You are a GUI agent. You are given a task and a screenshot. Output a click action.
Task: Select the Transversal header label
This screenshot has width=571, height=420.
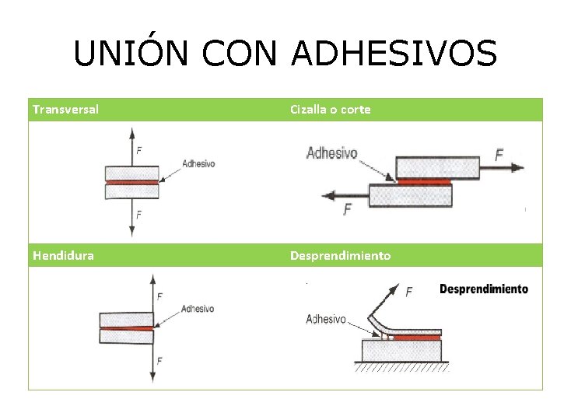(65, 110)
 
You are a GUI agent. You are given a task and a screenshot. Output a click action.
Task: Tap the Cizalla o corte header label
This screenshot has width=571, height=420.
(330, 110)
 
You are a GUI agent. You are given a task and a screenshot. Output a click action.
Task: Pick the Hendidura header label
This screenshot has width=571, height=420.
(63, 255)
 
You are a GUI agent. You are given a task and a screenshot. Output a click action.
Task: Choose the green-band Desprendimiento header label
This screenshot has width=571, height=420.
(341, 255)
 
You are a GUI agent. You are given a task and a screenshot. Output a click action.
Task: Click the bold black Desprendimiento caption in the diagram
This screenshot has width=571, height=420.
(483, 289)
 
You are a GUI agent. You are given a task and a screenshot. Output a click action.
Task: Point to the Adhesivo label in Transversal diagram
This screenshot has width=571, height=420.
(198, 164)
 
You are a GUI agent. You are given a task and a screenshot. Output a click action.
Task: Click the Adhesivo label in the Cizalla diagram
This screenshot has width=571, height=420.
(331, 153)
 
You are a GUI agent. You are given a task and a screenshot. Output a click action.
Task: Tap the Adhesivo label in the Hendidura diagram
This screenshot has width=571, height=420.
(197, 309)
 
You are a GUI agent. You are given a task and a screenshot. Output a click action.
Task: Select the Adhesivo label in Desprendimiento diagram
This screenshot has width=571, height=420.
(326, 319)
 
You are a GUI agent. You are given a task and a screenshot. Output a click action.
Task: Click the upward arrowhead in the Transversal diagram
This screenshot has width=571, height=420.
(132, 131)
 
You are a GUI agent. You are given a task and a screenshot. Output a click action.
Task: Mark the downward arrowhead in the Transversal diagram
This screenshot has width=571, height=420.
(132, 231)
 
